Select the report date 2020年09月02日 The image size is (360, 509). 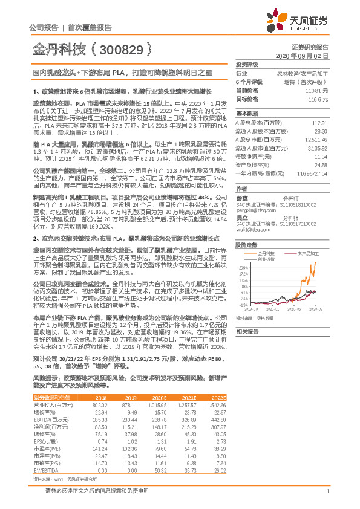point(307,55)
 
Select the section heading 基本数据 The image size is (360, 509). point(246,114)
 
